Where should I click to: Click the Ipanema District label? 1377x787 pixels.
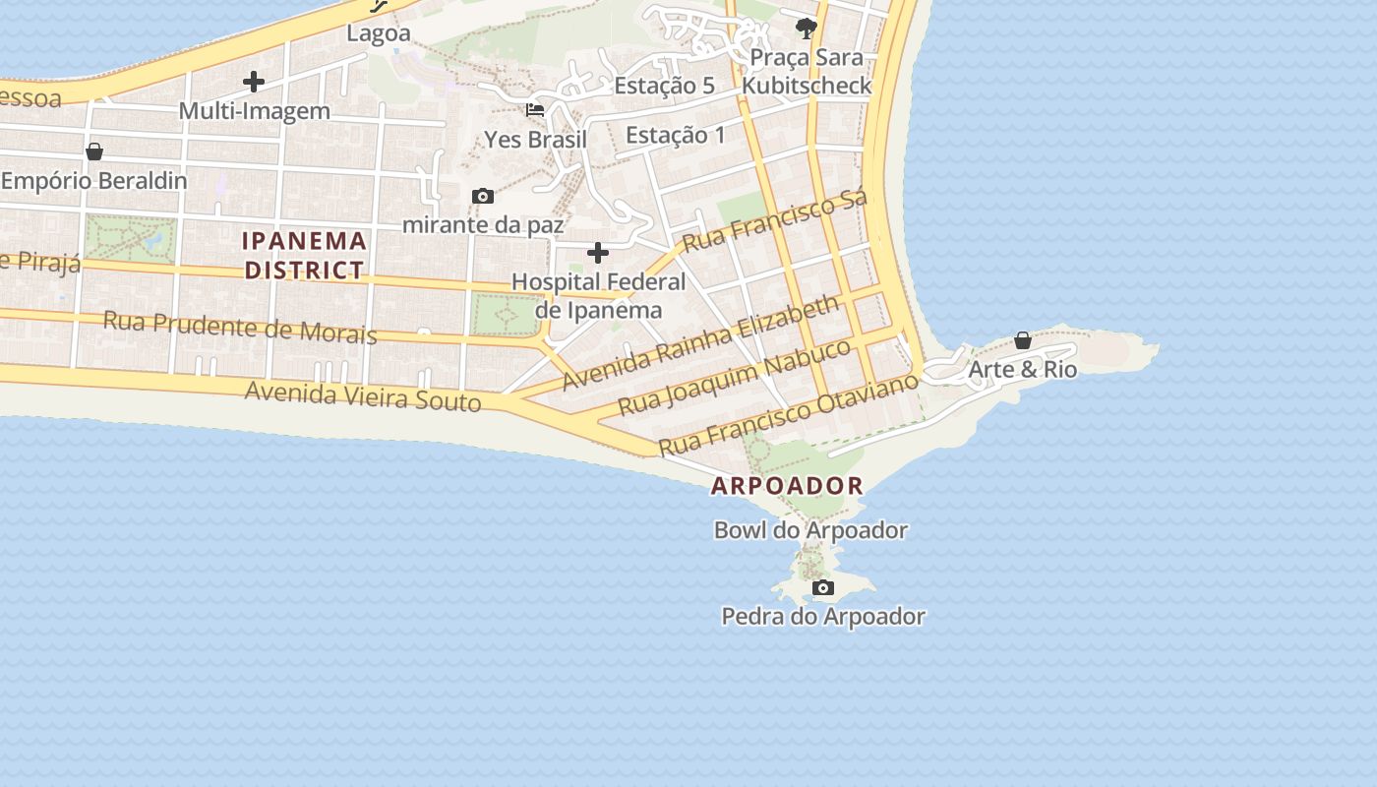[304, 255]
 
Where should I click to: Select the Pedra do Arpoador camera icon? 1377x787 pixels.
[823, 588]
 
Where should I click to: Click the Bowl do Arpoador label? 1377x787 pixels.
[810, 530]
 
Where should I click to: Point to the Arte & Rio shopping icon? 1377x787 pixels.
[1023, 340]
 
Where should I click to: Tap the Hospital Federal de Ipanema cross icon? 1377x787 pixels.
[597, 254]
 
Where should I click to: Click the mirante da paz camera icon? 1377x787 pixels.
[482, 197]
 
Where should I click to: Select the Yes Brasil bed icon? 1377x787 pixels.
[535, 109]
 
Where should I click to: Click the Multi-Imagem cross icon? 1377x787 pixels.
[254, 82]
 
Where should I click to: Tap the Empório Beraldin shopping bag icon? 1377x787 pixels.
[94, 151]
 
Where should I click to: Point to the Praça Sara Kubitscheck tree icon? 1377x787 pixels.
[807, 28]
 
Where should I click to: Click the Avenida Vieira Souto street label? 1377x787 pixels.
[363, 395]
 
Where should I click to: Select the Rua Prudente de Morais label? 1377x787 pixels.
[240, 327]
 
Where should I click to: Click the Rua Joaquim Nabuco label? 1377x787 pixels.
[734, 377]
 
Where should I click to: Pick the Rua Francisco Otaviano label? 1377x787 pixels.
[788, 413]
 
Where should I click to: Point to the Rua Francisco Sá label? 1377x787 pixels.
[774, 222]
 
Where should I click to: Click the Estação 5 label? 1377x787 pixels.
[664, 86]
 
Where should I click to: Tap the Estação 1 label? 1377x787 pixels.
[675, 135]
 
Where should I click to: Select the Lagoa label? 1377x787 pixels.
[379, 33]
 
